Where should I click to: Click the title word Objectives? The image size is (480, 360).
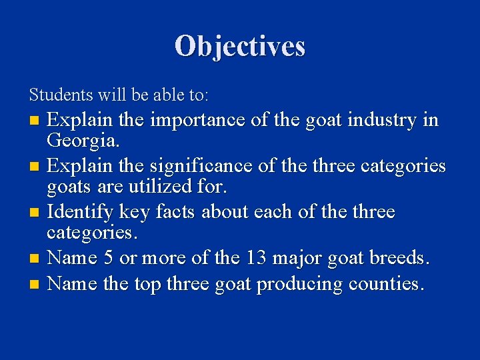pyautogui.click(x=240, y=46)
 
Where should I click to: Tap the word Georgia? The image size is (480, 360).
pyautogui.click(x=83, y=141)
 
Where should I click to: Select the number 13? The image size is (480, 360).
pyautogui.click(x=259, y=257)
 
